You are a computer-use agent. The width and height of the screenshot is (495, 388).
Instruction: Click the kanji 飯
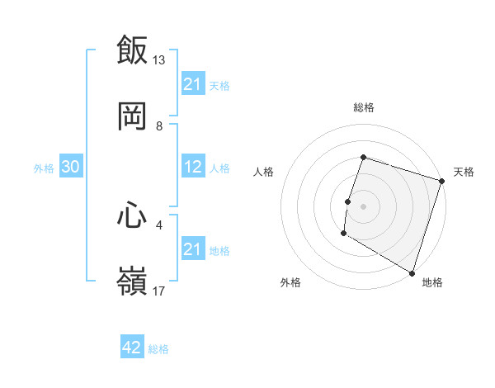click(132, 50)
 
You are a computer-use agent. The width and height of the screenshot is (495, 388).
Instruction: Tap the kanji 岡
click(132, 116)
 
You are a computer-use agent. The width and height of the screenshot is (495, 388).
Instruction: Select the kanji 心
click(132, 215)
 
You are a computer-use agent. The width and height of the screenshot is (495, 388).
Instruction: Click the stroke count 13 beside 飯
click(159, 60)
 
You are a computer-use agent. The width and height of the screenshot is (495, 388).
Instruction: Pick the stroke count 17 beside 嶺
click(159, 291)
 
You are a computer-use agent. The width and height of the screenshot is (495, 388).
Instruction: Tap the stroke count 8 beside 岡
click(159, 125)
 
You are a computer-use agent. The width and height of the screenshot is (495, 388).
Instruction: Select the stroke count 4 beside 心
click(159, 224)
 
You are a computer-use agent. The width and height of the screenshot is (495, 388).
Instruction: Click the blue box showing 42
click(132, 348)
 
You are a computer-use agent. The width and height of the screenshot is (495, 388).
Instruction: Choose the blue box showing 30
click(70, 167)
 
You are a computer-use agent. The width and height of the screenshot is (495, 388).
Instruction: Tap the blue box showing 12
click(193, 167)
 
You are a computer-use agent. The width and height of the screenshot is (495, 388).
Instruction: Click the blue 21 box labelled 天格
click(193, 84)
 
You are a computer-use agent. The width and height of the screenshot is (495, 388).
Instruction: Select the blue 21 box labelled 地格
click(193, 248)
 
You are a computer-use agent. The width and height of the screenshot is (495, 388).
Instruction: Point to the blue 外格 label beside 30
click(44, 168)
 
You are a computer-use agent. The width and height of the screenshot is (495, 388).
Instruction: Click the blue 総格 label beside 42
click(158, 349)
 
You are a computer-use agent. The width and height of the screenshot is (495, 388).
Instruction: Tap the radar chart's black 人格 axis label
click(264, 172)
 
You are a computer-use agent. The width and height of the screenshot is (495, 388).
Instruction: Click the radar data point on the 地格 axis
click(412, 272)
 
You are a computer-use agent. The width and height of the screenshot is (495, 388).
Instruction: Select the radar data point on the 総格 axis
click(363, 157)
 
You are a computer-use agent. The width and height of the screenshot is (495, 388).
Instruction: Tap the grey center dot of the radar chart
click(363, 206)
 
